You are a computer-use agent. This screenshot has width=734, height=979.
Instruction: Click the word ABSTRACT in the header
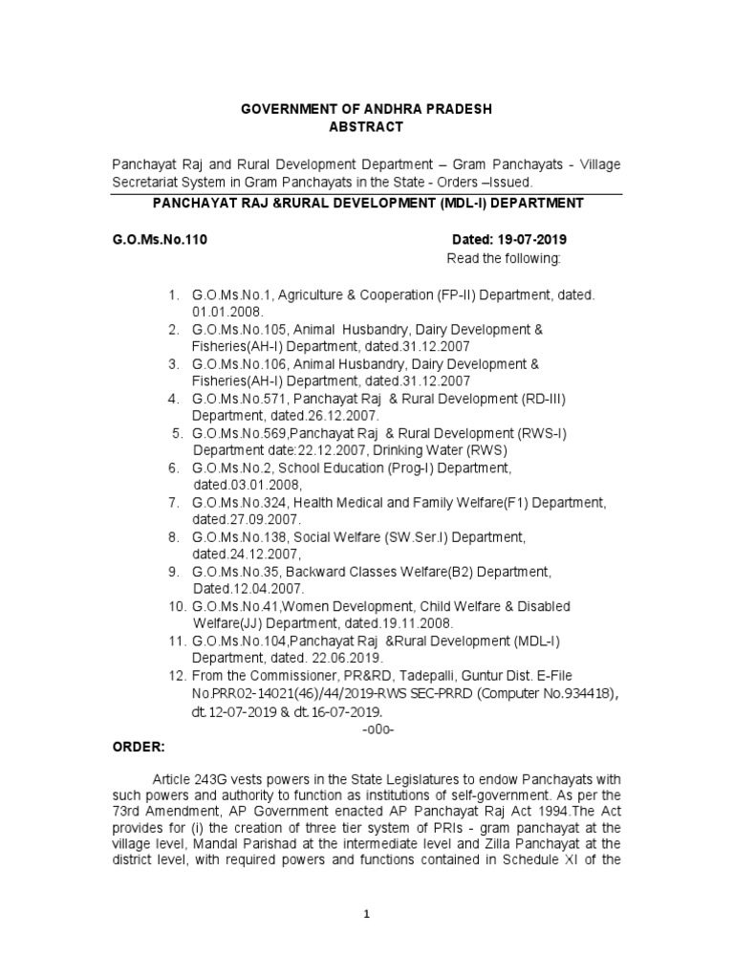[366, 127]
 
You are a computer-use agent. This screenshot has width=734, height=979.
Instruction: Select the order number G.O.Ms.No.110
[159, 239]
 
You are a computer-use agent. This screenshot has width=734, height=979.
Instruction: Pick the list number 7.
[174, 502]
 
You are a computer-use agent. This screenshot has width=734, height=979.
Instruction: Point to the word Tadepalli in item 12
[435, 677]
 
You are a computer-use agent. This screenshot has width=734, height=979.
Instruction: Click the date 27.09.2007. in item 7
[247, 519]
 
